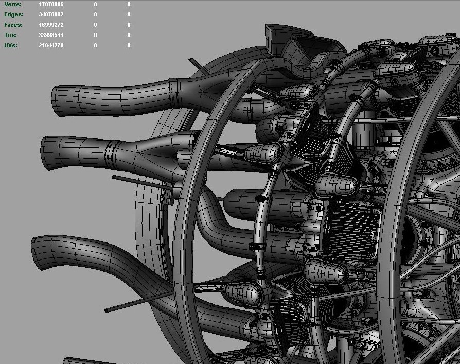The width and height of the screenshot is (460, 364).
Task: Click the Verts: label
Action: click(13, 4)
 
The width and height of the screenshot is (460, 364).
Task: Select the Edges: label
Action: click(14, 14)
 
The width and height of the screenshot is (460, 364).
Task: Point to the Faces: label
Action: click(13, 25)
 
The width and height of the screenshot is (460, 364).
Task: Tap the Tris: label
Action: click(11, 35)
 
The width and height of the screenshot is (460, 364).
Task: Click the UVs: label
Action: click(11, 45)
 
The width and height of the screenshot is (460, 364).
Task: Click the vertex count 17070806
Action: click(51, 4)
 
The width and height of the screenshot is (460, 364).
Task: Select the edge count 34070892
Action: click(51, 14)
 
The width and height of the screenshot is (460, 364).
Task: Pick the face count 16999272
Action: click(51, 25)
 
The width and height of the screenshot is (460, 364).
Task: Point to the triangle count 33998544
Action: click(51, 35)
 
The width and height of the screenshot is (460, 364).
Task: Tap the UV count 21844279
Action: click(51, 45)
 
